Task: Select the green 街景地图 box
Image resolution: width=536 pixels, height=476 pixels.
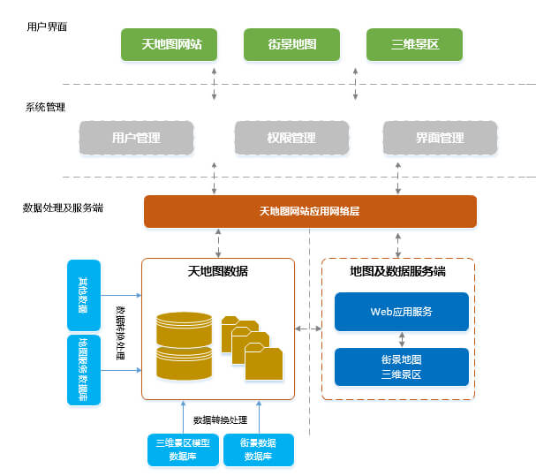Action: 291,44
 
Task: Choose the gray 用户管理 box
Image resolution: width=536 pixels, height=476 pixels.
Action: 136,138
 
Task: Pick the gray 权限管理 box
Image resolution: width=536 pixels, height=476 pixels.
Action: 291,138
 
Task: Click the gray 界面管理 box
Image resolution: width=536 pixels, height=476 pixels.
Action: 439,138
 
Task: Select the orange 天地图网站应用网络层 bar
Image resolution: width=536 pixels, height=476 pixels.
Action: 310,212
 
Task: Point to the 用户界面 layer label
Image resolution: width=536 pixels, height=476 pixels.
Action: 47,26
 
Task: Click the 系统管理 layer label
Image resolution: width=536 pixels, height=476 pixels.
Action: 46,108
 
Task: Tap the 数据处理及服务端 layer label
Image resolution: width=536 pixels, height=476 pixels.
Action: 63,208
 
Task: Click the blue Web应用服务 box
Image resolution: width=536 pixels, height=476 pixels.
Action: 401,312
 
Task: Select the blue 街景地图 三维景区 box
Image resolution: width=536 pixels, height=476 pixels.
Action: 401,366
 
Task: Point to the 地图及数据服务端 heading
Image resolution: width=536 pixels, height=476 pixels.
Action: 397,271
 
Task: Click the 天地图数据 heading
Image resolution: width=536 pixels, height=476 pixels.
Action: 217,271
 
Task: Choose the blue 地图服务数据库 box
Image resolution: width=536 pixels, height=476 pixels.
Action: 83,369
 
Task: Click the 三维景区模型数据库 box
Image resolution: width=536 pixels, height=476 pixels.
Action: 182,449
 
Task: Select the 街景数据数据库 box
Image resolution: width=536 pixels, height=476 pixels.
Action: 258,449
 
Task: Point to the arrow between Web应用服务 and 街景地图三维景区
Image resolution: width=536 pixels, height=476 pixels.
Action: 402,339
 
